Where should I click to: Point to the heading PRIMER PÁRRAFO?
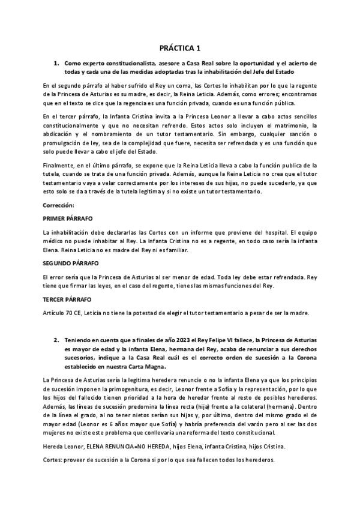68,218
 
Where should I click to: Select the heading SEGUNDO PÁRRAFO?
71,264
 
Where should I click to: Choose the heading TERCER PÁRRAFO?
68,298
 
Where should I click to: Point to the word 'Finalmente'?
60,165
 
